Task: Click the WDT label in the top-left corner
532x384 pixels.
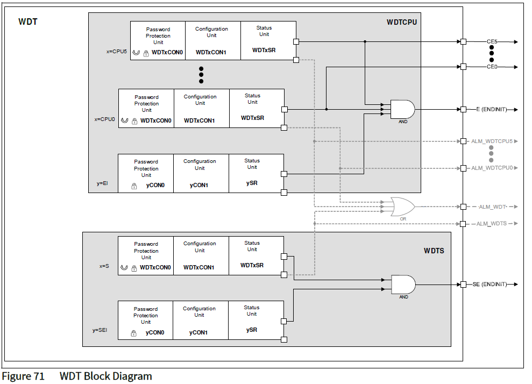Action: pyautogui.click(x=28, y=22)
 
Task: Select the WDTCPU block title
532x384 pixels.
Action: pyautogui.click(x=401, y=22)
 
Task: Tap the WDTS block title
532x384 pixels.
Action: pyautogui.click(x=434, y=251)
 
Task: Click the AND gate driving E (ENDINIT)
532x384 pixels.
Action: pyautogui.click(x=402, y=109)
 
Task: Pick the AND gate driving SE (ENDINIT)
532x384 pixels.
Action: pyautogui.click(x=403, y=284)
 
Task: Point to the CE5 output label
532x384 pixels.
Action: pyautogui.click(x=492, y=41)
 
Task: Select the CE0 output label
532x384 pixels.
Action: pyautogui.click(x=492, y=67)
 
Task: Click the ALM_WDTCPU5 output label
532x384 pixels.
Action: pyautogui.click(x=492, y=141)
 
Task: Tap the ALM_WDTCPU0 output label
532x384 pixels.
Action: pyautogui.click(x=492, y=168)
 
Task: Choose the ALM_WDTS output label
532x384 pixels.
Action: pyautogui.click(x=492, y=224)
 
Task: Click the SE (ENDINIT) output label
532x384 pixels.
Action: pyautogui.click(x=490, y=284)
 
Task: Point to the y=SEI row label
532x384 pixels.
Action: pyautogui.click(x=100, y=330)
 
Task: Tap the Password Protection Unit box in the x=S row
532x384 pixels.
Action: pyautogui.click(x=146, y=255)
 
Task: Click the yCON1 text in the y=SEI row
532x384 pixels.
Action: pyautogui.click(x=198, y=332)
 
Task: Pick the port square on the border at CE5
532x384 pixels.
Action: pyautogui.click(x=463, y=41)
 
